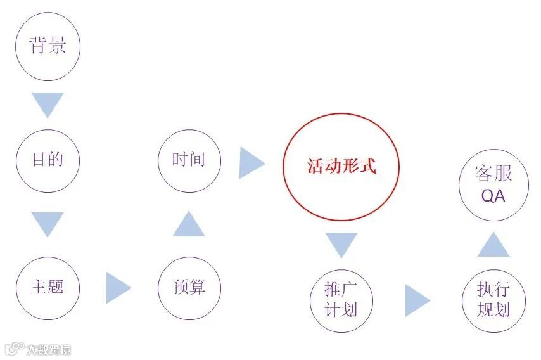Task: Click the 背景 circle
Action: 48,48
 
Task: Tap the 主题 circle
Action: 48,287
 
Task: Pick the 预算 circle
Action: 189,287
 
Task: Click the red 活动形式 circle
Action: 341,167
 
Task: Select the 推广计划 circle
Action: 341,300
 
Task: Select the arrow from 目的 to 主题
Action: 48,223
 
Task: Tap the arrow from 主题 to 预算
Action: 117,287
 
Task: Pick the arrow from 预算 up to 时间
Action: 189,224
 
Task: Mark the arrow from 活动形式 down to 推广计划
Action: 341,244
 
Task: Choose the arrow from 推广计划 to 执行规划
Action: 417,300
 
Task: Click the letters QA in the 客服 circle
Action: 493,196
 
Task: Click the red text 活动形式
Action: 341,167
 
